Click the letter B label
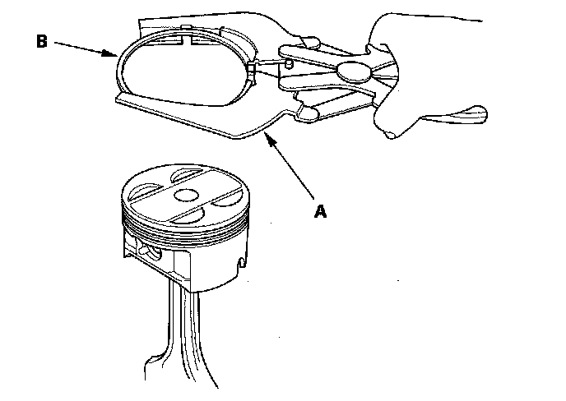point(41,42)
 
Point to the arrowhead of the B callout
point(114,56)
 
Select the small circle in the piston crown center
point(184,196)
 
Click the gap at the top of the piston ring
point(187,37)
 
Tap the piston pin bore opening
point(149,251)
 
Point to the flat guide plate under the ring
point(206,115)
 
